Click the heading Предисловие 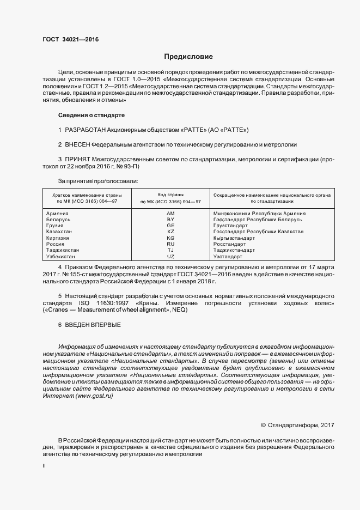[x=188, y=57]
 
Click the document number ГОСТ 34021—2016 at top [x=71, y=39]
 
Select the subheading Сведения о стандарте [x=91, y=116]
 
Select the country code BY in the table [x=170, y=220]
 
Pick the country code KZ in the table [x=170, y=232]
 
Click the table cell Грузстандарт [x=230, y=226]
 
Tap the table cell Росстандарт [x=229, y=244]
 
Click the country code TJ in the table [x=170, y=250]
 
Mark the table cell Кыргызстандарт [x=234, y=238]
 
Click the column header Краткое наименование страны [x=87, y=195]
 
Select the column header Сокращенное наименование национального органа [x=273, y=195]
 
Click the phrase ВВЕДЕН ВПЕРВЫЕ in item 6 [x=93, y=325]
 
